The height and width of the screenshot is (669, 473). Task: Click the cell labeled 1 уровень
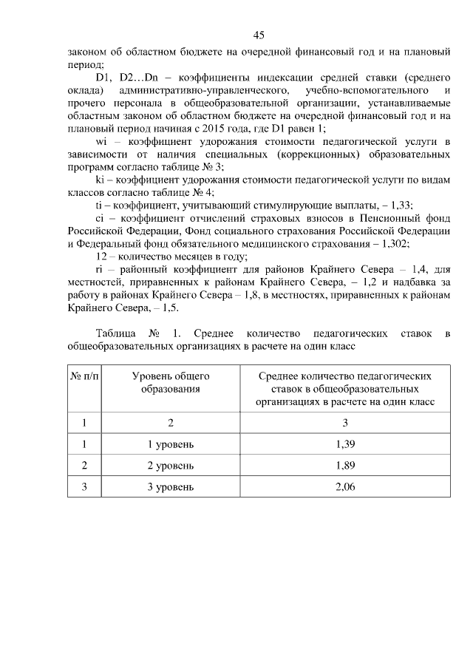tap(171, 444)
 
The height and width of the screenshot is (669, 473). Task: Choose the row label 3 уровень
tap(171, 487)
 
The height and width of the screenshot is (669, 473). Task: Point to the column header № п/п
tap(84, 376)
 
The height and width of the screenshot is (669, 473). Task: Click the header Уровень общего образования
tap(171, 383)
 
